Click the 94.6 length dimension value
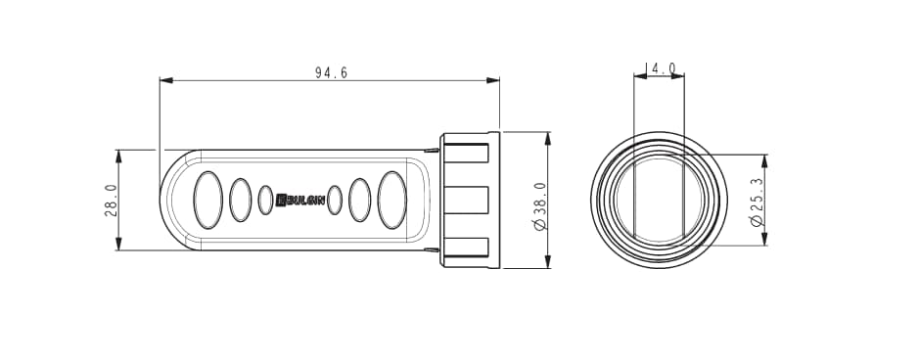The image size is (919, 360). click(331, 72)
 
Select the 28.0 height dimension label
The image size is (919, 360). click(111, 200)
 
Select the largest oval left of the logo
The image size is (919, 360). click(208, 200)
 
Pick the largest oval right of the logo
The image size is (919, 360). click(391, 200)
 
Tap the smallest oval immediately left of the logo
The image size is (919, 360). click(265, 200)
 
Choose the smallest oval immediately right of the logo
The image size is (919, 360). click(335, 200)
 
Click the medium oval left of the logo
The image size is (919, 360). click(240, 200)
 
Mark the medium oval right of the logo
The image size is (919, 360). click(360, 200)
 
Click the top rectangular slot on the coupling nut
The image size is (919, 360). click(466, 153)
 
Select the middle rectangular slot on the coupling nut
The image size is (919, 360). click(466, 200)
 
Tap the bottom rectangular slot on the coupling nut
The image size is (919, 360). click(466, 247)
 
